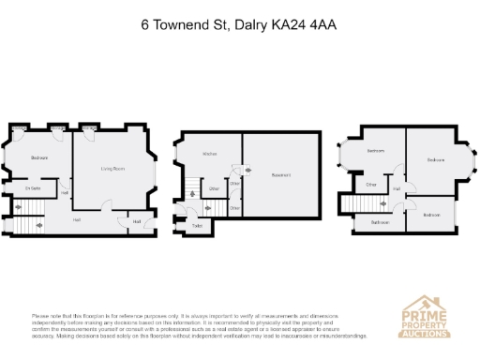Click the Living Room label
[113, 169]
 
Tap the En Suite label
[33, 188]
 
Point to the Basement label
[281, 175]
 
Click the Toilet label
[198, 226]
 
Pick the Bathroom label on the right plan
[380, 222]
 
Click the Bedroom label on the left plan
[39, 157]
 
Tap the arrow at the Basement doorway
[248, 170]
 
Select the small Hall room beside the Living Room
[137, 221]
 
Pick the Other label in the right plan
[371, 185]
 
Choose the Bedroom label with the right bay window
[436, 160]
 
